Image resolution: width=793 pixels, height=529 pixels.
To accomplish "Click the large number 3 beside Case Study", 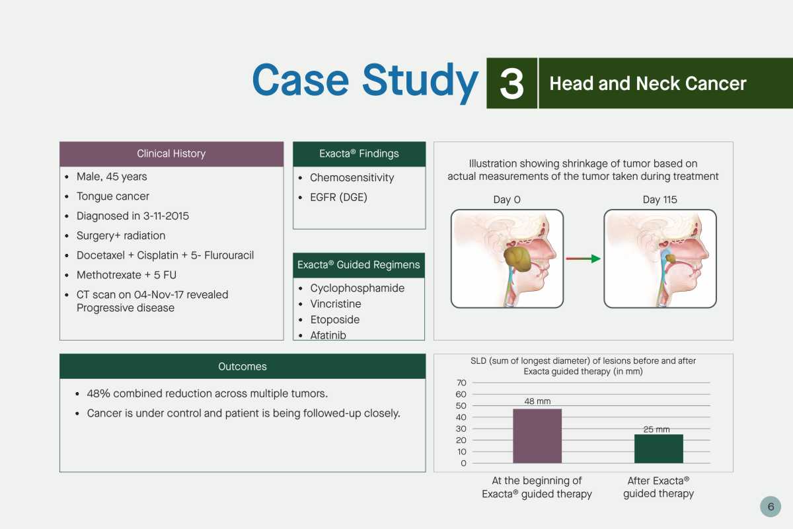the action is (511, 83).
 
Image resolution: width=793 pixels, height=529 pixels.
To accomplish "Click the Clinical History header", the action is (171, 154).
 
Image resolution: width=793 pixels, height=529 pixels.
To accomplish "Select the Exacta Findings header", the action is (359, 154).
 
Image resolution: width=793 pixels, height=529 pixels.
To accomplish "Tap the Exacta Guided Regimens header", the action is (359, 265).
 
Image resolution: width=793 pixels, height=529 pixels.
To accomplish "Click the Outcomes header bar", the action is (243, 366).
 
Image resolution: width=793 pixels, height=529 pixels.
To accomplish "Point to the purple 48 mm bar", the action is (537, 436).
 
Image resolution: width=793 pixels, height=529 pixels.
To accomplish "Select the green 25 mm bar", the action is (658, 448).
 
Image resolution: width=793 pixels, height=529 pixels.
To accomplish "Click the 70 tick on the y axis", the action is (461, 383).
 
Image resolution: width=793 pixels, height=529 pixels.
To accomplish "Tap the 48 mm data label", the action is (537, 401).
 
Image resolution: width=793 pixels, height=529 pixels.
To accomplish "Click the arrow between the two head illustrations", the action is (583, 259).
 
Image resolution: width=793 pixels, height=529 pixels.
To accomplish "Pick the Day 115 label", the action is (660, 200).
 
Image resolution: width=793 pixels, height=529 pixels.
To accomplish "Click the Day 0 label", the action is (507, 200).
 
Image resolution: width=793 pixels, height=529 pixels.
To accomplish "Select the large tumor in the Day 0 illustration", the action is (517, 259).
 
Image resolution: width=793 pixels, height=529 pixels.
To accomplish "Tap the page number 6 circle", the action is (771, 507).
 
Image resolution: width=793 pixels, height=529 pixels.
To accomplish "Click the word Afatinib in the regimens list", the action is (328, 335).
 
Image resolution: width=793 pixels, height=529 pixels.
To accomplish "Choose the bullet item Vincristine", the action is (336, 304).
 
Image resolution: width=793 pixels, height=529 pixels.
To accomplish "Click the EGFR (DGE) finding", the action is (338, 197).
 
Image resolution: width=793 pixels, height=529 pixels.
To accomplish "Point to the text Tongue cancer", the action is (112, 196).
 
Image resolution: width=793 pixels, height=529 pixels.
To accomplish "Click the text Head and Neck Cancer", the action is (648, 83).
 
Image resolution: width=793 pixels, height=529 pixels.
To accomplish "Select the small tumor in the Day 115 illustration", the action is (671, 258).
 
